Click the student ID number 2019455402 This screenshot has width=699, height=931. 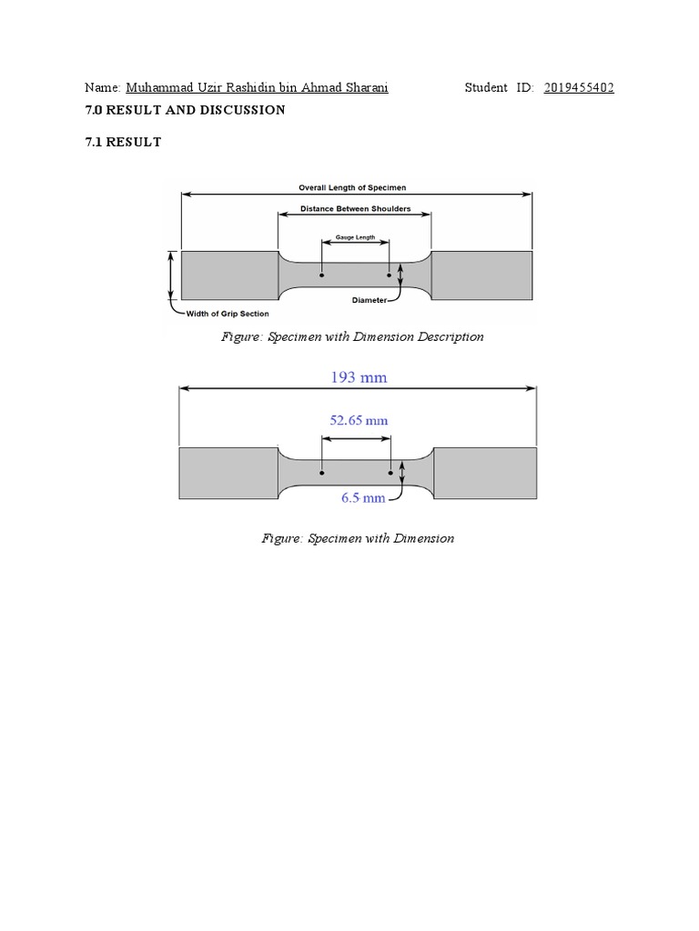[x=579, y=88]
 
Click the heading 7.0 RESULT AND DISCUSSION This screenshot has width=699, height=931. [x=185, y=110]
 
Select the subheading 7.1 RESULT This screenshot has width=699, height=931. [x=123, y=142]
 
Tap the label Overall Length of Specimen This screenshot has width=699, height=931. [x=352, y=187]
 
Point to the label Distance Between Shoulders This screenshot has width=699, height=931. [x=356, y=209]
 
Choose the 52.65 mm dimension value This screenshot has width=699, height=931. [x=357, y=421]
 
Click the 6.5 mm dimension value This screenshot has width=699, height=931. [x=363, y=497]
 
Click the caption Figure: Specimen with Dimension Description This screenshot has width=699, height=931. [x=353, y=336]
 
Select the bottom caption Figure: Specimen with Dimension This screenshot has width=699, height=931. [x=358, y=538]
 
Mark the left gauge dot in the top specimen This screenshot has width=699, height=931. [x=321, y=275]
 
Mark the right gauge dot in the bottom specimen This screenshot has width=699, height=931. [x=390, y=473]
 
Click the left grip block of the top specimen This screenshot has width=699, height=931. [x=229, y=275]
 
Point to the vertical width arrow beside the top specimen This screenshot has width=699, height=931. [x=170, y=275]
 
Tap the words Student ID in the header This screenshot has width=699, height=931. [x=499, y=88]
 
